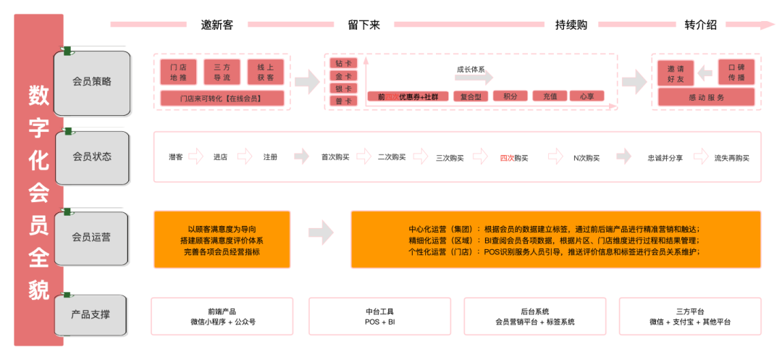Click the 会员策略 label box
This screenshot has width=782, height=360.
pyautogui.click(x=92, y=82)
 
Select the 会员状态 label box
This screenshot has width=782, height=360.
pyautogui.click(x=92, y=156)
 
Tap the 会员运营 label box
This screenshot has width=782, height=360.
pyautogui.click(x=92, y=237)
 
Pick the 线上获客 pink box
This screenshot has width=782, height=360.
pyautogui.click(x=265, y=72)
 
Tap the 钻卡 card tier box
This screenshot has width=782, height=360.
pyautogui.click(x=342, y=64)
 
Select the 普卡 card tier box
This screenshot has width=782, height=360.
pyautogui.click(x=342, y=101)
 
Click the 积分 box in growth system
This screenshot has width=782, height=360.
pyautogui.click(x=510, y=96)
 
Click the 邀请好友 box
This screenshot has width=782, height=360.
pyautogui.click(x=676, y=72)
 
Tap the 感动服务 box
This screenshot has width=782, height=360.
pyautogui.click(x=706, y=97)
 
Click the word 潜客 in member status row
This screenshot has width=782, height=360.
pyautogui.click(x=176, y=157)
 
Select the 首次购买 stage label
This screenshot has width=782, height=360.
pyautogui.click(x=335, y=157)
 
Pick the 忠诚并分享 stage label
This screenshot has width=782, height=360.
pyautogui.click(x=665, y=157)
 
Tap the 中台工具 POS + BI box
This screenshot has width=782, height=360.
pyautogui.click(x=380, y=317)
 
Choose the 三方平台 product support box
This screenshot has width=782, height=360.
pyautogui.click(x=690, y=317)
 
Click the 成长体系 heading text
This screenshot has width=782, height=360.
pyautogui.click(x=471, y=70)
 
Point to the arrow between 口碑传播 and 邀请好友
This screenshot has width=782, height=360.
pyautogui.click(x=705, y=72)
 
